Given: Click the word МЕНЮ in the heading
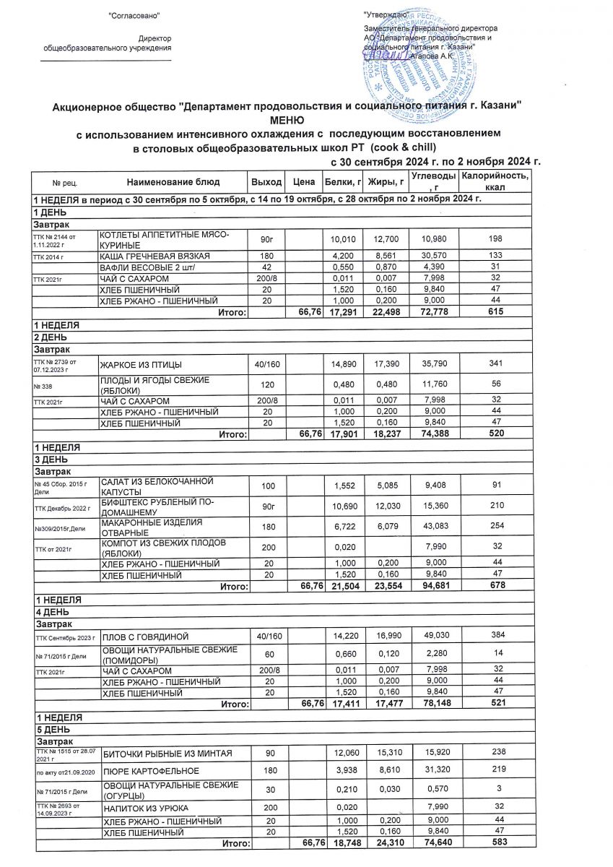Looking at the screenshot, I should (287, 120).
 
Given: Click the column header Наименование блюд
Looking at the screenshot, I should (173, 181).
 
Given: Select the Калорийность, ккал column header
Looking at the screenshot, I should (495, 181).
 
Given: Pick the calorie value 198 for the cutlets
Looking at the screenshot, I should (495, 240).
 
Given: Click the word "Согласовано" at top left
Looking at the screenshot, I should (134, 15).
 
